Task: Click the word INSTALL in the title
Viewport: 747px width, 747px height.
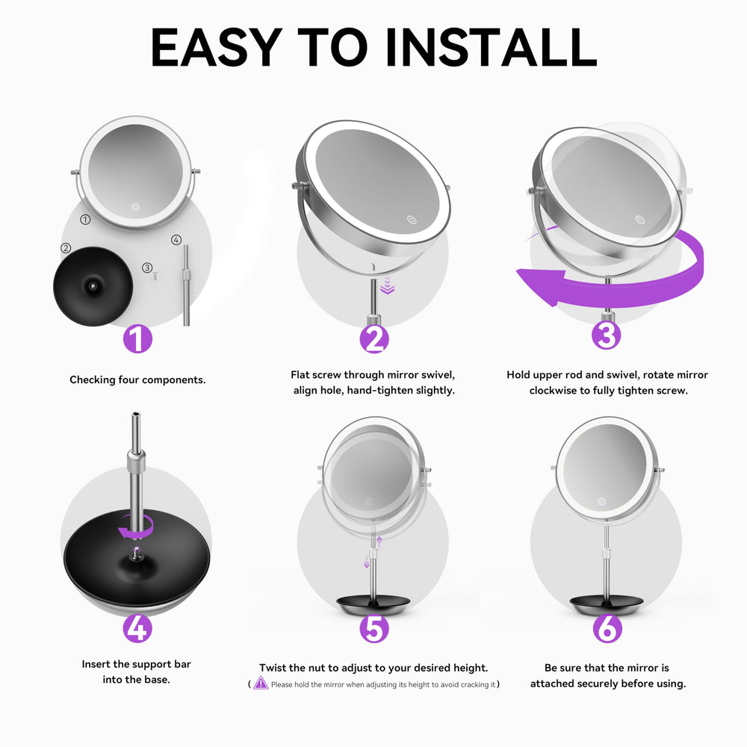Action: (491, 47)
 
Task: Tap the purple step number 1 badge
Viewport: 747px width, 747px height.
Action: (137, 339)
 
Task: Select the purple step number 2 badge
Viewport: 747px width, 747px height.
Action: (374, 339)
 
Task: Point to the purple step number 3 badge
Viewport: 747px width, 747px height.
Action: (607, 335)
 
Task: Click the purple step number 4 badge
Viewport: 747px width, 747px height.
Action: (137, 628)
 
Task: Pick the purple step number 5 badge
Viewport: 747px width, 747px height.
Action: (374, 628)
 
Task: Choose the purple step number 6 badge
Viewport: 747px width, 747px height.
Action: (607, 628)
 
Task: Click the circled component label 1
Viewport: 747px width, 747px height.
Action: (85, 220)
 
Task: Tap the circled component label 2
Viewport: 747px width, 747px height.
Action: (66, 248)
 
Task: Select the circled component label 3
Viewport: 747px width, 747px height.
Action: (147, 267)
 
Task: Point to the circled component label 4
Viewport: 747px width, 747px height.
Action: (176, 240)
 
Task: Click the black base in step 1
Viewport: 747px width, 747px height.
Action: (93, 286)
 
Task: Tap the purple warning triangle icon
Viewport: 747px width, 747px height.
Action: (261, 684)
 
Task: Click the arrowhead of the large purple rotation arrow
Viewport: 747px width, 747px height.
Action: (542, 285)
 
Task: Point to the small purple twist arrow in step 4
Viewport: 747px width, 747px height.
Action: (136, 526)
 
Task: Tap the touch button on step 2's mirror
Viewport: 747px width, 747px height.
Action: (412, 220)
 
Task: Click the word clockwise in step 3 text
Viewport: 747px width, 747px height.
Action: (553, 391)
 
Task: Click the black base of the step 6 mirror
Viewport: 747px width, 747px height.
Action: (607, 605)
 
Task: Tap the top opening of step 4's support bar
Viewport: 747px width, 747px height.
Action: (136, 415)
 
